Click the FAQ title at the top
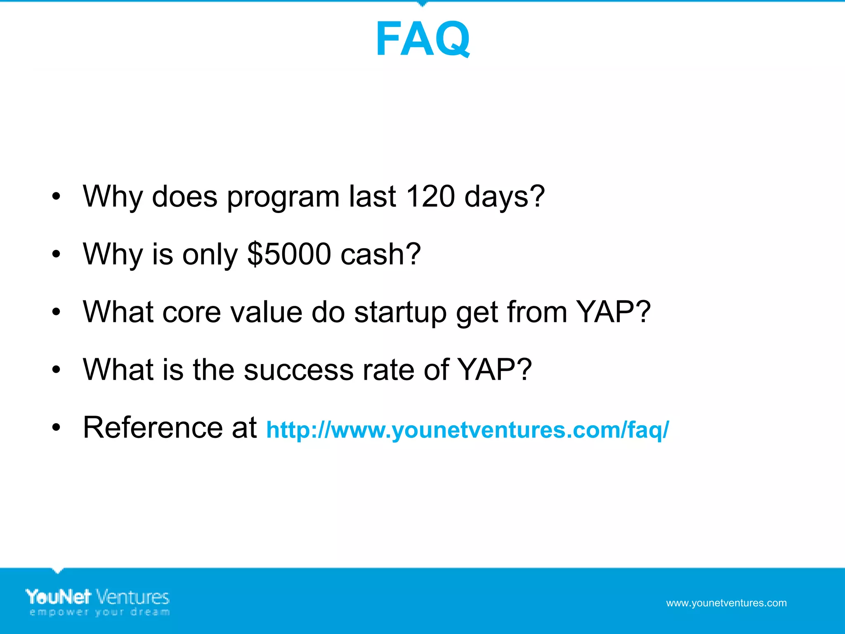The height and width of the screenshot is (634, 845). tap(422, 39)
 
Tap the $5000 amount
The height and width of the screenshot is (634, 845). tap(289, 254)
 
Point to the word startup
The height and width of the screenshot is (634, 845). tap(400, 313)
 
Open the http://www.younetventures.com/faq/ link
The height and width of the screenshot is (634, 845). tap(467, 430)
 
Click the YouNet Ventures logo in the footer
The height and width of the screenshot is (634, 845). tap(98, 597)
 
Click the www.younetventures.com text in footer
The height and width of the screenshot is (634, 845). tap(726, 603)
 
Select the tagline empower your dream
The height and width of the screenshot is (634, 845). tap(99, 612)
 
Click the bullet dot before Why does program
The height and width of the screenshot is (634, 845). tap(56, 196)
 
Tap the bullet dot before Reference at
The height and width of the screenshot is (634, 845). tap(56, 428)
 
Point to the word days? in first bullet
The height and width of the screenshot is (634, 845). tap(504, 197)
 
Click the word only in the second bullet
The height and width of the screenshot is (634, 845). tap(210, 255)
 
